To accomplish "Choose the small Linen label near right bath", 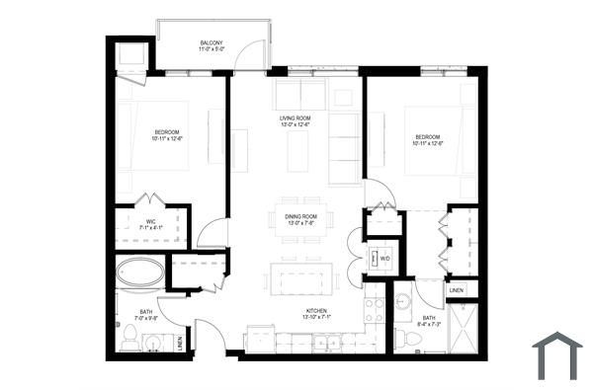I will (456, 290).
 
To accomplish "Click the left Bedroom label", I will (166, 136).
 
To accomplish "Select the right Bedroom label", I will (427, 139).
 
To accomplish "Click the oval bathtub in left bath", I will (141, 273).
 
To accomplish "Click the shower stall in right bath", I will (461, 327).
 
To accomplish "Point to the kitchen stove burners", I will (374, 310).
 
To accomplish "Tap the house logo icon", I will (556, 355).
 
